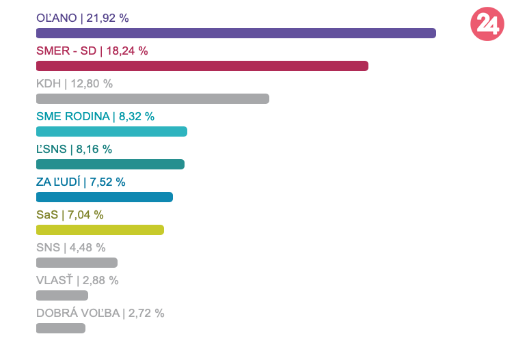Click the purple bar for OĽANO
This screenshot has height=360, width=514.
[x=236, y=33]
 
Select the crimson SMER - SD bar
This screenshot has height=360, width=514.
[x=202, y=66]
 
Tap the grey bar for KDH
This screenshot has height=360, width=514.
[x=152, y=98]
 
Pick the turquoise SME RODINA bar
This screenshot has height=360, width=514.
[x=111, y=131]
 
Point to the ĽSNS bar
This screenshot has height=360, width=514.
[x=110, y=164]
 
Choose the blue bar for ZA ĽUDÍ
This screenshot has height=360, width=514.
[x=105, y=197]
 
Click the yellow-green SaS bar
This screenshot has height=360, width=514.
[x=100, y=230]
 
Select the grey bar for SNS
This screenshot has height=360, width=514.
[x=77, y=262]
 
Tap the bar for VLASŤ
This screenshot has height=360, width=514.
[x=62, y=295]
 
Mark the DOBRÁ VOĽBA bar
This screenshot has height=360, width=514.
[x=61, y=328]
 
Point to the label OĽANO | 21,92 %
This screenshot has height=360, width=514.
[x=82, y=18]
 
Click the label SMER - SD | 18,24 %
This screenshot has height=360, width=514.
[x=92, y=51]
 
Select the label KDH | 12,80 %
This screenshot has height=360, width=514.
[x=74, y=83]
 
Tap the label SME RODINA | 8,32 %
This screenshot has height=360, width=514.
[x=95, y=116]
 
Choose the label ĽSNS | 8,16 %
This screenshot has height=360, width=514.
[x=74, y=149]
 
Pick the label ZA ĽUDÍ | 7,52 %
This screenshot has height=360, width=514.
[x=81, y=182]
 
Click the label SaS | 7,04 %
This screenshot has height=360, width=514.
[x=70, y=214]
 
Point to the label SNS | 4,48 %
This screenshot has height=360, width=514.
[x=70, y=247]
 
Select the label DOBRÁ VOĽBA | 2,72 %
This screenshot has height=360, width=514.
[x=100, y=313]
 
